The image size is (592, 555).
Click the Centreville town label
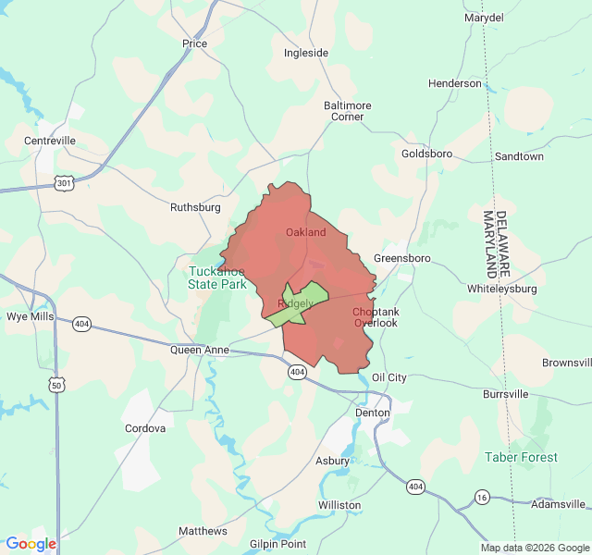(x=50, y=141)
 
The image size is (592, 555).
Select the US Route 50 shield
(x=57, y=384)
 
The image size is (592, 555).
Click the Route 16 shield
(x=482, y=498)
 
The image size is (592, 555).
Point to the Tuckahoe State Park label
(x=217, y=277)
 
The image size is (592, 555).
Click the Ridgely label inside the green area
(x=295, y=303)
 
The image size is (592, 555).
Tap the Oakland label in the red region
(x=305, y=232)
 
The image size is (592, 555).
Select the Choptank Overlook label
(x=375, y=317)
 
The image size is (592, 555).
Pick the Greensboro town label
(x=402, y=257)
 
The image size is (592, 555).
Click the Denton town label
(x=373, y=413)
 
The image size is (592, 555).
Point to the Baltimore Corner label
(x=347, y=111)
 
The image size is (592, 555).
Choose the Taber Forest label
(x=521, y=457)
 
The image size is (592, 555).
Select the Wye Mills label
(x=30, y=316)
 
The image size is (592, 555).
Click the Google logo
(x=31, y=544)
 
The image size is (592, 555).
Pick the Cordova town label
(x=145, y=428)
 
